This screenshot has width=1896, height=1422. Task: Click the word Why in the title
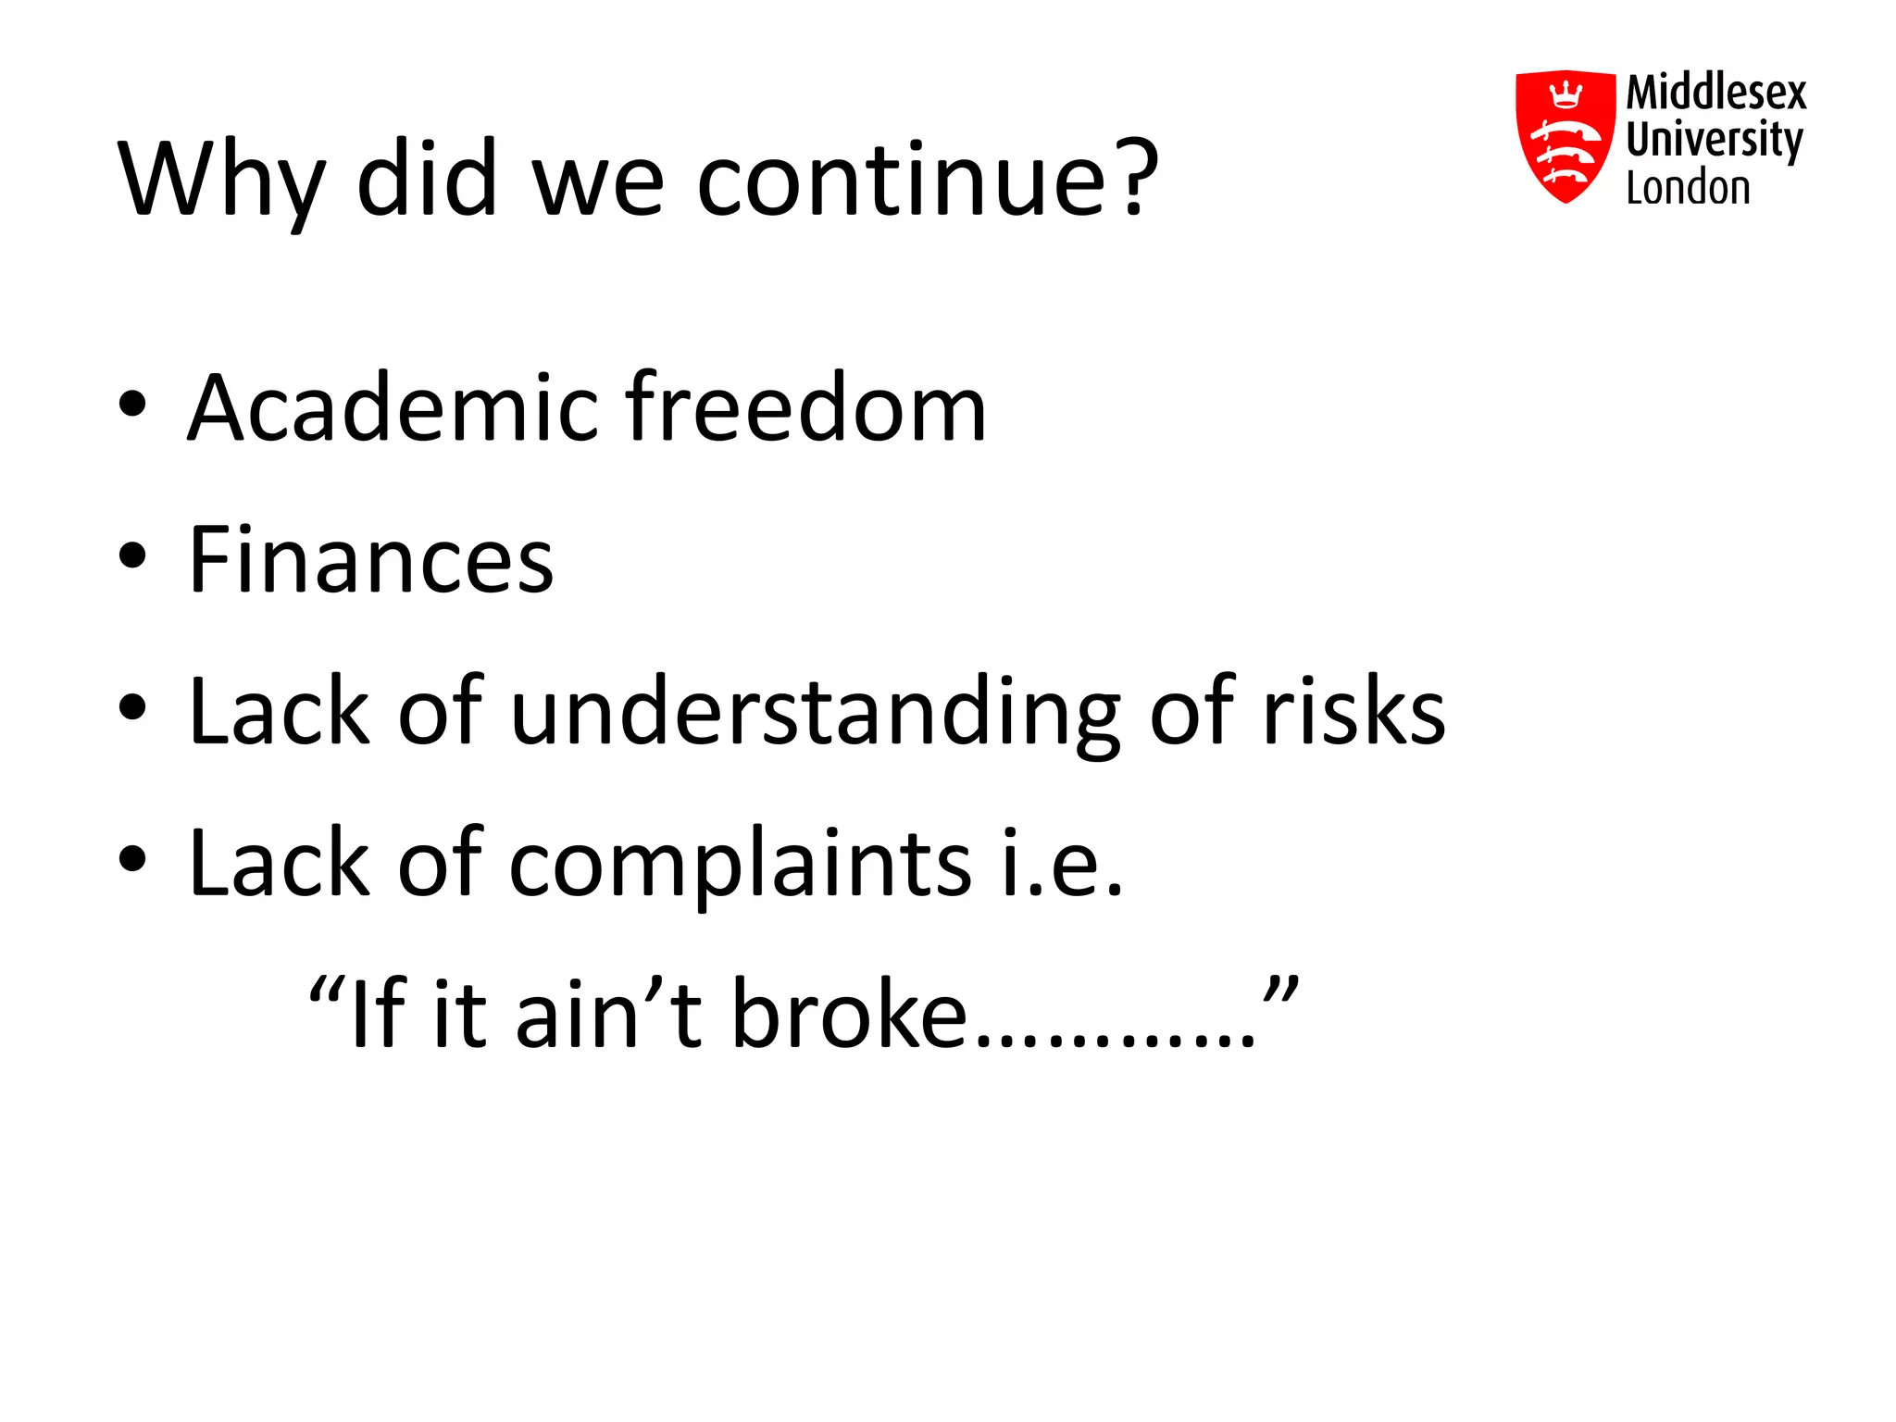tap(221, 181)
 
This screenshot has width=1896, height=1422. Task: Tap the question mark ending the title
tap(1136, 176)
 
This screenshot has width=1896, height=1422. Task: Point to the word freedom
tap(805, 407)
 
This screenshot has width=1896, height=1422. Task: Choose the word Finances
tap(370, 559)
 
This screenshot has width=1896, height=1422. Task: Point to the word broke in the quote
tap(849, 1015)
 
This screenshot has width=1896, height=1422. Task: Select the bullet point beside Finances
tap(132, 555)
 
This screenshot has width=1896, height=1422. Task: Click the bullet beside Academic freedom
tap(132, 404)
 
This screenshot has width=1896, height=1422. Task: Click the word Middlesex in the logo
tap(1715, 93)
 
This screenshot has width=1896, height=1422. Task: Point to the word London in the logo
tap(1688, 188)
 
